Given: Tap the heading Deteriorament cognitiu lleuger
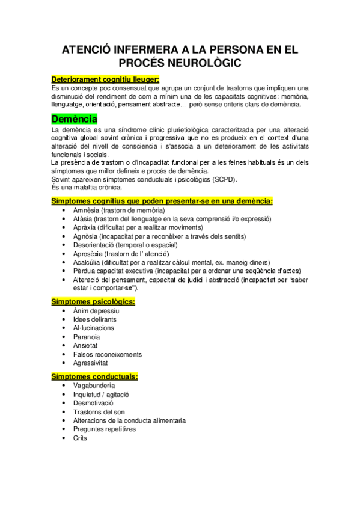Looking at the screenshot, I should coord(106,79).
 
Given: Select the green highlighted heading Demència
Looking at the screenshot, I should coord(75,118).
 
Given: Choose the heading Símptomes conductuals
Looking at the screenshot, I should coord(94,376).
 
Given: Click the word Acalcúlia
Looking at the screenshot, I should coord(87,263).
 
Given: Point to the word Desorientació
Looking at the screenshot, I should coord(94,245).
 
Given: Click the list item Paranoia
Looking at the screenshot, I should coord(87,337).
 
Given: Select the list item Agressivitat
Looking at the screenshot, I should coord(92,363).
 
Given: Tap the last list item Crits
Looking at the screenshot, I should coord(80,438).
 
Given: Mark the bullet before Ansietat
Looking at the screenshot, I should coord(64,346).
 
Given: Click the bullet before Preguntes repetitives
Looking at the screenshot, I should coord(64,429).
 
